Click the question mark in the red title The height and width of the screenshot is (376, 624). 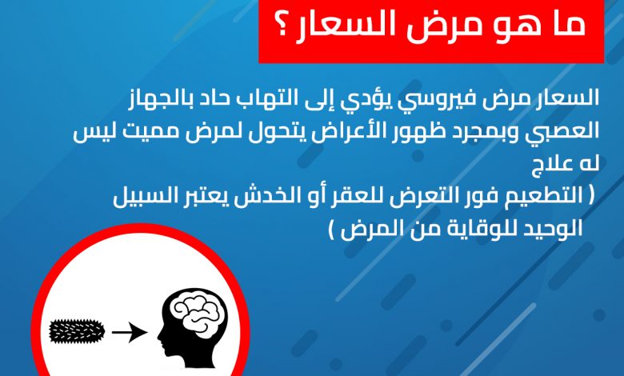pyautogui.click(x=283, y=26)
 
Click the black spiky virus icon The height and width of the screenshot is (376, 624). pyautogui.click(x=77, y=331)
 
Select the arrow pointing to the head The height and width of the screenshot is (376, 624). pyautogui.click(x=130, y=332)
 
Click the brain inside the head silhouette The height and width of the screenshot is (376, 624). pyautogui.click(x=195, y=310)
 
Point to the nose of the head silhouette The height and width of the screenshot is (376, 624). pyautogui.click(x=159, y=338)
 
